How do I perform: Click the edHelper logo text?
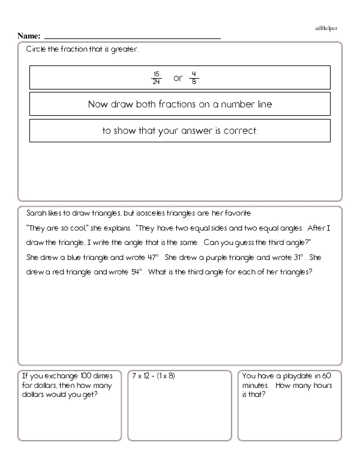tap(326, 28)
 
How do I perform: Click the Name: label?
tap(29, 36)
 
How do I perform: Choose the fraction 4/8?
tap(194, 78)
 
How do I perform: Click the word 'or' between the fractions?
tap(177, 79)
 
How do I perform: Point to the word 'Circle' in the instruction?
tap(35, 49)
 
